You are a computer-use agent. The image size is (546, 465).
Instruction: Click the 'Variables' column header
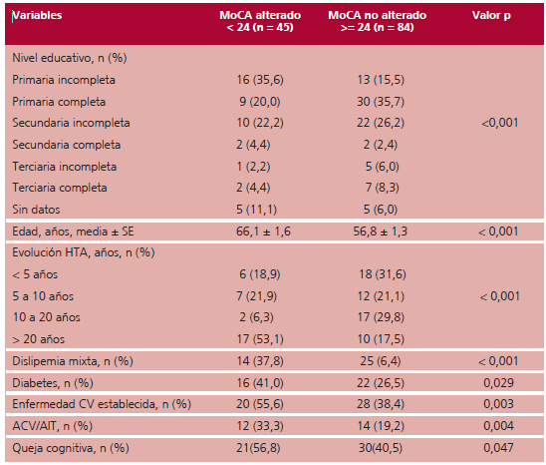(x=37, y=15)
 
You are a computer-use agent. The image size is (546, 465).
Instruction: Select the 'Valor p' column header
(x=491, y=16)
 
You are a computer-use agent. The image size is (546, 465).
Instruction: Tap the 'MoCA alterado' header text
(x=260, y=15)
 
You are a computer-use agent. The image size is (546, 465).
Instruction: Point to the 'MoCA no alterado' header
(x=377, y=15)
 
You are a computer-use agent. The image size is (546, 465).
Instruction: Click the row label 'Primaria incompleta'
(x=64, y=80)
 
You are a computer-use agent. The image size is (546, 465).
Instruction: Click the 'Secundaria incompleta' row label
(x=71, y=123)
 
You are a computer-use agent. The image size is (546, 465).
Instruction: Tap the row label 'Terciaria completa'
(x=60, y=188)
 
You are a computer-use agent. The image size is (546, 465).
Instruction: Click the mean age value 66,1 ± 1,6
(x=263, y=232)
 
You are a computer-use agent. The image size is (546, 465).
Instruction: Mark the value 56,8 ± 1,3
(x=381, y=232)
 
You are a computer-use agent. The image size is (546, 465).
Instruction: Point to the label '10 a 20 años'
(x=46, y=317)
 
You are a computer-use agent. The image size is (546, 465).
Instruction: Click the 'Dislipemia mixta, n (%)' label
(x=73, y=361)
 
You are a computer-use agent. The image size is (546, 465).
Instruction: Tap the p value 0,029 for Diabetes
(x=498, y=383)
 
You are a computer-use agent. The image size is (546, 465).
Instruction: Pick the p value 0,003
(x=498, y=404)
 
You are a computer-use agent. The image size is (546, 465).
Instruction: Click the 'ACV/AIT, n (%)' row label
(x=53, y=426)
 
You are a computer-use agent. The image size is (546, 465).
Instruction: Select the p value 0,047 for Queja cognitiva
(x=498, y=448)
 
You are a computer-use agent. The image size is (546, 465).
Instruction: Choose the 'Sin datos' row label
(x=36, y=210)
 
